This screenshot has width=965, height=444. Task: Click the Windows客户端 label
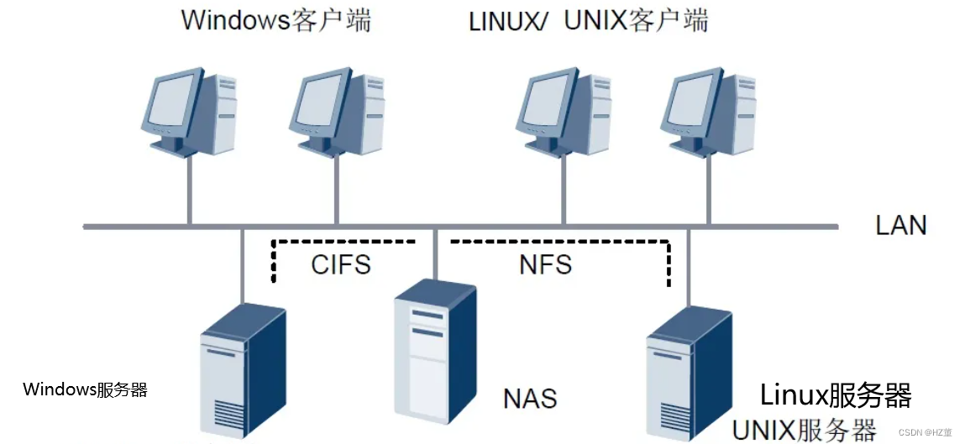tap(275, 19)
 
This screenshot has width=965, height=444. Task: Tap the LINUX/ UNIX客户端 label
tap(588, 19)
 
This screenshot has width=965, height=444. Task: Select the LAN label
tap(900, 225)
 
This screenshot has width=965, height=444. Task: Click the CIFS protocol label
tap(340, 264)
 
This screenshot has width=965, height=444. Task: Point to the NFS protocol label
tap(545, 264)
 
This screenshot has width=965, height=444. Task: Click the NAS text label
tap(530, 397)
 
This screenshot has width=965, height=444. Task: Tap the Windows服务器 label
tap(85, 389)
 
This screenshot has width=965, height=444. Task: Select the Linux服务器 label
tap(836, 394)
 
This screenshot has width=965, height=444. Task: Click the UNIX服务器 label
tap(804, 429)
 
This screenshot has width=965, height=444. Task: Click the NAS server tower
tap(434, 353)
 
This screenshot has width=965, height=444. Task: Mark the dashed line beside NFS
tap(669, 260)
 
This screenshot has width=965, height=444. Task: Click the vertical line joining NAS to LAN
tap(434, 252)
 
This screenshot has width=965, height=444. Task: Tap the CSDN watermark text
tap(925, 432)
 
